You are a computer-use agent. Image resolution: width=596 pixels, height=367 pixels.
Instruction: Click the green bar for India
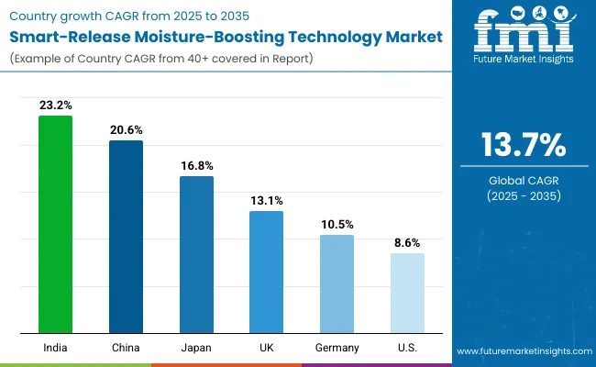coord(55,225)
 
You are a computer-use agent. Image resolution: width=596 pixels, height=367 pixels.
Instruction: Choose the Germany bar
coord(337,284)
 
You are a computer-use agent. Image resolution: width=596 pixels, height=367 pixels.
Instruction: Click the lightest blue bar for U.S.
coord(407,293)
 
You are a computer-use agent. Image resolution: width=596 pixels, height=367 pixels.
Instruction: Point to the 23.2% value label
coord(55,106)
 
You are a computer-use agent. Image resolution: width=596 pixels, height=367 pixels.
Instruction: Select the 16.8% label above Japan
coord(196,166)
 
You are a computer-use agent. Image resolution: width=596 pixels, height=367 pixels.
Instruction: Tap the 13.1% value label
coord(267,201)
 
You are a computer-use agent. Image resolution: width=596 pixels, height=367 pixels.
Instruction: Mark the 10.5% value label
coord(337,225)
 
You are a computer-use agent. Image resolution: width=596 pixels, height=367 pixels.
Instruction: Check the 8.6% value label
coord(407,243)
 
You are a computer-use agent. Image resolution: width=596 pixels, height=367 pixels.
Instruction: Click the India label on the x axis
coord(55,347)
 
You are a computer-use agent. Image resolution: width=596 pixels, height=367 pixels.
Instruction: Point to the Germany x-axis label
coord(337,347)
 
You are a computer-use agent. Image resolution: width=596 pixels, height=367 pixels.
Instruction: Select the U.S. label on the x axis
coord(407,347)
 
